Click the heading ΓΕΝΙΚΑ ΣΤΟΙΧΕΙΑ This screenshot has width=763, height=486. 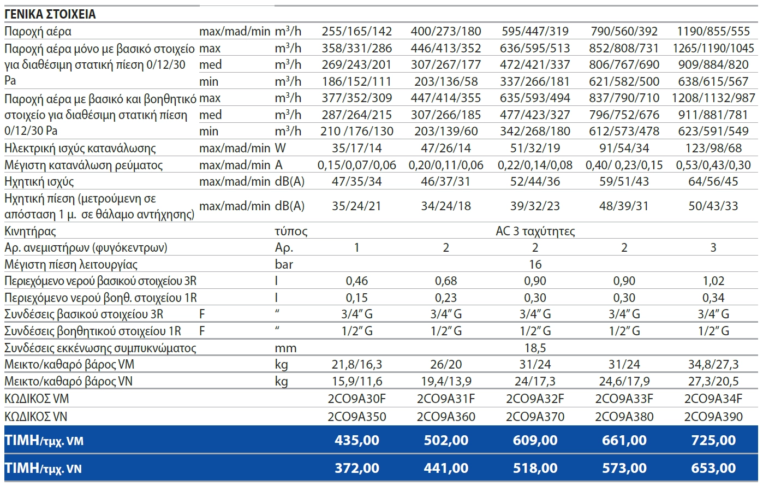coord(50,14)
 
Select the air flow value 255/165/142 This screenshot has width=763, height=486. coord(356,31)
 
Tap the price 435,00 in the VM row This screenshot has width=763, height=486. coord(356,440)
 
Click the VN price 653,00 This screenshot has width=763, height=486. coord(713,468)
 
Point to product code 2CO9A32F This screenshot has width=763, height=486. coord(535,399)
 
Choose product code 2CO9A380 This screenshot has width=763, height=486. coord(624,417)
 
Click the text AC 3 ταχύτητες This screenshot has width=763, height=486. coord(535,232)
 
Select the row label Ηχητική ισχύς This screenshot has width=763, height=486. coord(39,182)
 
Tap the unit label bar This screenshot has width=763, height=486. coord(284,264)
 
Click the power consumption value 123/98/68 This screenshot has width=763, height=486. coord(713,148)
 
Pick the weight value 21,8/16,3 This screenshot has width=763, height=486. coord(356,364)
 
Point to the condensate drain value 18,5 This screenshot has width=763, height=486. coord(535,348)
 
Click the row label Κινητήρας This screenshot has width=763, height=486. coord(30,232)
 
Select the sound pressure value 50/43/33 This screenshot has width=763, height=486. coord(713,206)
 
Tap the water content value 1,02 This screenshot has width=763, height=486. coord(713,281)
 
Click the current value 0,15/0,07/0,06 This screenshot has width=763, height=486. coord(356,165)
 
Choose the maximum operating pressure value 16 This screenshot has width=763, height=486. coord(535,264)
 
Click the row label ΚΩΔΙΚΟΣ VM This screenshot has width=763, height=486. coord(37,399)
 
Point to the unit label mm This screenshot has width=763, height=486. coord(285,348)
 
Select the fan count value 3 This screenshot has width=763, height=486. coord(713,247)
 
